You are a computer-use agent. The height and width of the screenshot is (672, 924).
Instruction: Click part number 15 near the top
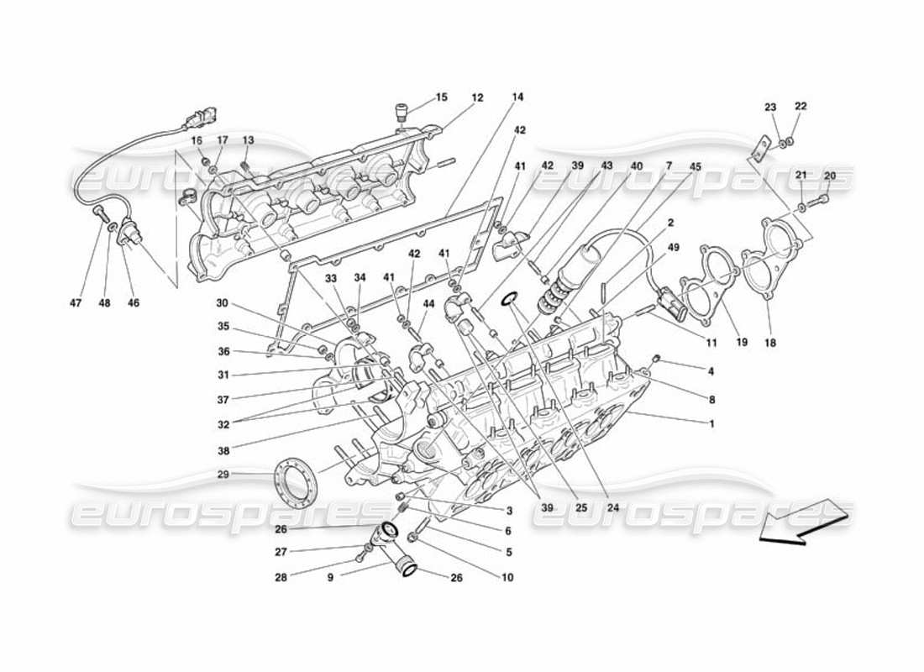point(441,98)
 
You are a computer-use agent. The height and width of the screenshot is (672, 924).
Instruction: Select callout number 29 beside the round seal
point(223,475)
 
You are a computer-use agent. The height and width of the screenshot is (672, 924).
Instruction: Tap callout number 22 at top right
point(801,107)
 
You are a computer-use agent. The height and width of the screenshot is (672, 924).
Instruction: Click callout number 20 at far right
point(830,176)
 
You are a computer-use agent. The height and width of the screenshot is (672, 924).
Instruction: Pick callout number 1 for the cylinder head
point(711,423)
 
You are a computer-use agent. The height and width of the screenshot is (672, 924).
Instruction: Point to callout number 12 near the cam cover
point(477,98)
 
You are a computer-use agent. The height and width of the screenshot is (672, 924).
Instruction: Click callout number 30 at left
point(222,303)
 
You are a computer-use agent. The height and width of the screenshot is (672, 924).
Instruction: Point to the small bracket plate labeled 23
point(759,150)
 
